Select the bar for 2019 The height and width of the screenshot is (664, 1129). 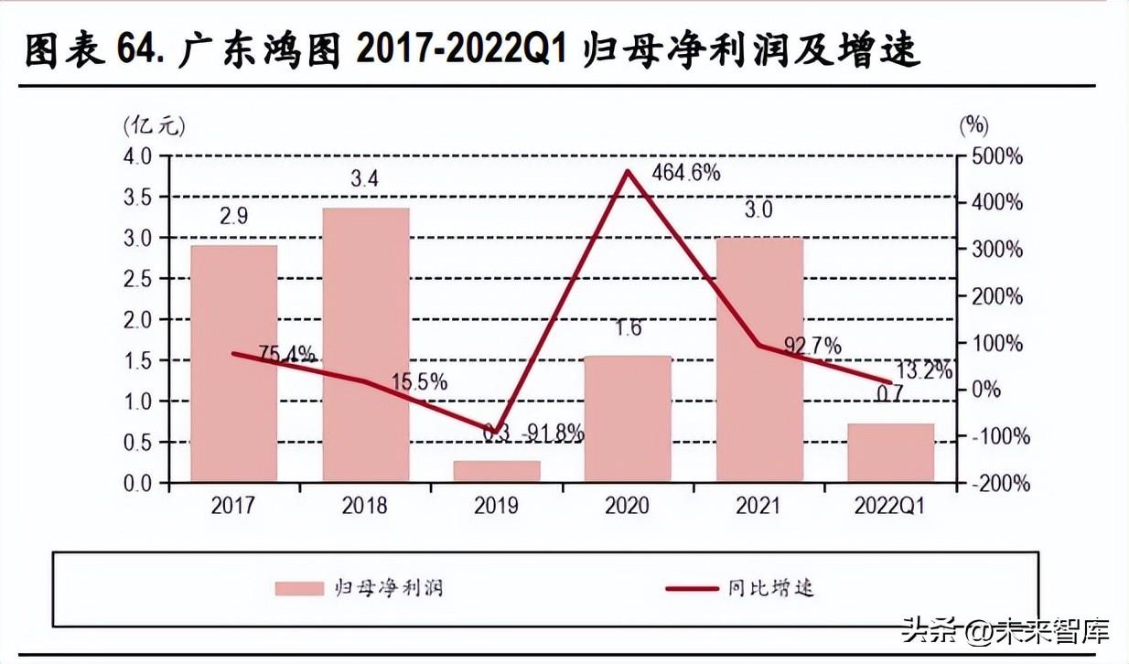pos(497,471)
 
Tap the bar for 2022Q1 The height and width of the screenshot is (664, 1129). pos(890,453)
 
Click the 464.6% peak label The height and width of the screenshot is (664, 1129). pos(685,172)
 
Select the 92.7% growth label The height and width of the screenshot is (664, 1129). pos(812,346)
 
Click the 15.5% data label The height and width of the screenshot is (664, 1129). pos(419,382)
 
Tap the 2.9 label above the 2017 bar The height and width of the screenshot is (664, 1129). pos(233,216)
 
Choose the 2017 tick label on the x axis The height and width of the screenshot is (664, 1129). pos(234,506)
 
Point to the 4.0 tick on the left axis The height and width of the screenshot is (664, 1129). pos(142,156)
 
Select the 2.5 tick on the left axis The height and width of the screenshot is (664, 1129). pos(142,279)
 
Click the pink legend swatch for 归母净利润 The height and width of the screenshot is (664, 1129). pos(299,588)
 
